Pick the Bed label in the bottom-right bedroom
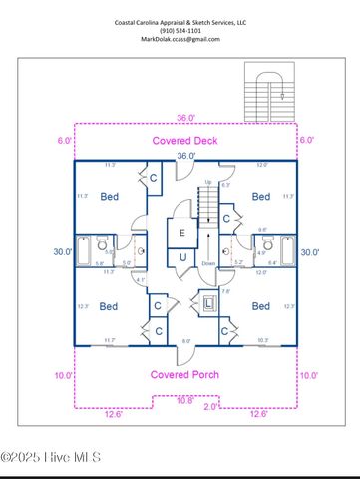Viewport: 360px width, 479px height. coord(261,306)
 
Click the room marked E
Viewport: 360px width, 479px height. coord(181,233)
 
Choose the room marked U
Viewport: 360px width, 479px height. coord(182,257)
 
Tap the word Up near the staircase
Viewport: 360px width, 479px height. coord(207,181)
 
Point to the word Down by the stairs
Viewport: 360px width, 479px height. coord(208,263)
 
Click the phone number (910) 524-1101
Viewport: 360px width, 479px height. coord(180,30)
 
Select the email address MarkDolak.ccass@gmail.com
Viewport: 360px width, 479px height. coord(180,39)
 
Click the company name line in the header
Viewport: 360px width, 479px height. coord(180,21)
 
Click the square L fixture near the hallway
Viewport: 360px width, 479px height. coord(208,302)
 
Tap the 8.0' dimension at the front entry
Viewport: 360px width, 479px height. coord(186,342)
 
